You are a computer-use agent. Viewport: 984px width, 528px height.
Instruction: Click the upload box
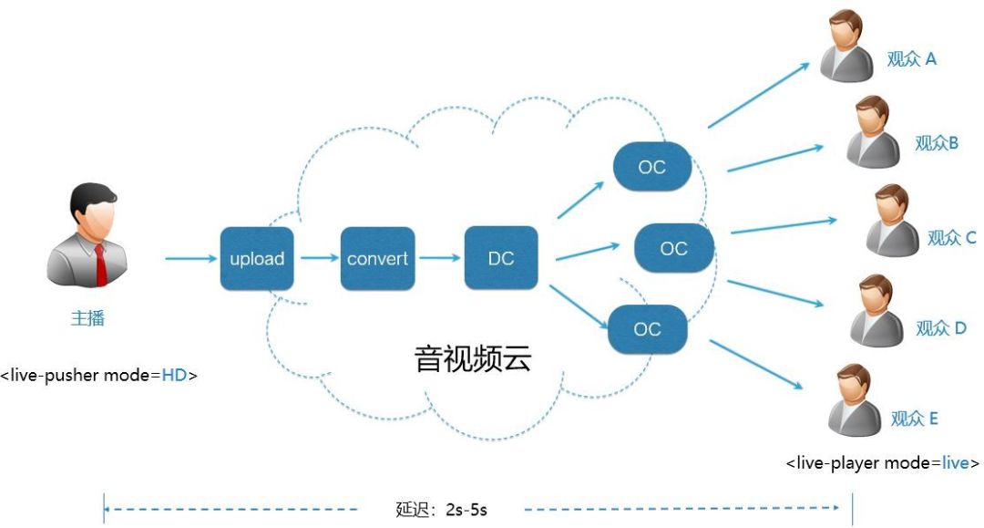(257, 259)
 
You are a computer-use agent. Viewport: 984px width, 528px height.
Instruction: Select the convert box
(377, 259)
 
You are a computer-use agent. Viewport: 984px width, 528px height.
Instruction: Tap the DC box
(500, 259)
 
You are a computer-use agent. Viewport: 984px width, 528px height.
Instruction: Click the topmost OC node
(651, 167)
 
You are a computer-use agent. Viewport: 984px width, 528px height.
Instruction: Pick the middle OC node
(673, 248)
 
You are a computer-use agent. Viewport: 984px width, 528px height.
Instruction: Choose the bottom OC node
(647, 329)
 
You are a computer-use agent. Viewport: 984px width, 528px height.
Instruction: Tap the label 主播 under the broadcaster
(87, 318)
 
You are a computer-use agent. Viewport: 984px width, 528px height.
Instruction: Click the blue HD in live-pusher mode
(174, 375)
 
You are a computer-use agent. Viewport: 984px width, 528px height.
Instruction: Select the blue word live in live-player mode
(955, 463)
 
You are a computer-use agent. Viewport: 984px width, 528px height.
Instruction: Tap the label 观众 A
(911, 59)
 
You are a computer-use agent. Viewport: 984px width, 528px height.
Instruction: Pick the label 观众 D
(940, 327)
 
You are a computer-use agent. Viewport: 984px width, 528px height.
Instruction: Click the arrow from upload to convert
(319, 259)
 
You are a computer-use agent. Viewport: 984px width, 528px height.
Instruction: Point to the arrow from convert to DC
(440, 259)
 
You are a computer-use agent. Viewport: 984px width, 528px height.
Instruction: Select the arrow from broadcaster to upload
(190, 259)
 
